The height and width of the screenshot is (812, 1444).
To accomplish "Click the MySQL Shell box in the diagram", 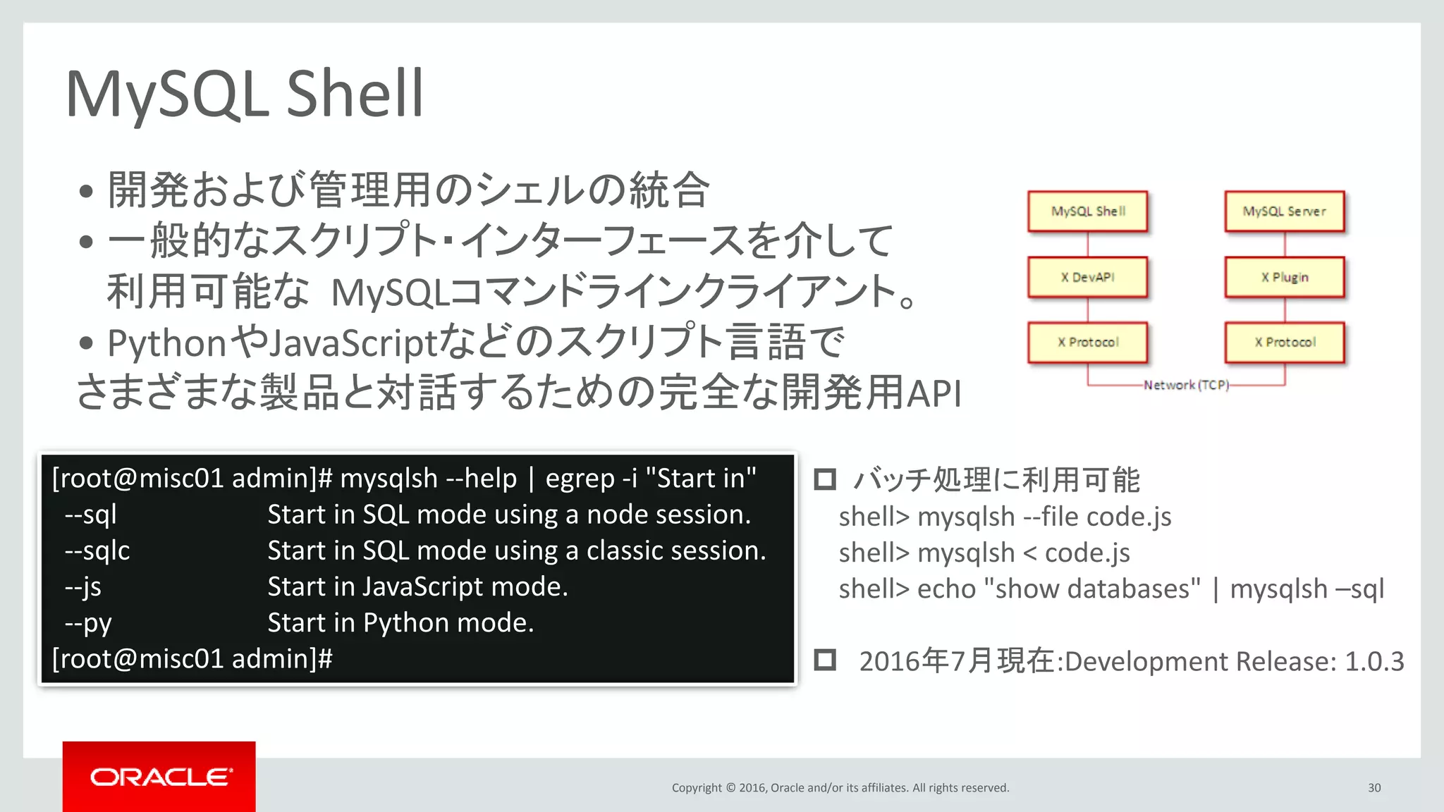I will (x=1087, y=211).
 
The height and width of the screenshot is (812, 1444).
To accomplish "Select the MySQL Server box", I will (x=1284, y=211).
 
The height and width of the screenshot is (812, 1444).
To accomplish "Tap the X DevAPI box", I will (x=1087, y=277).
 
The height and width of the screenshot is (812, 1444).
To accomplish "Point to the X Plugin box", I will (x=1284, y=277).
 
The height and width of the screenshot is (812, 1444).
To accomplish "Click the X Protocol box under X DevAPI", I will (x=1087, y=343).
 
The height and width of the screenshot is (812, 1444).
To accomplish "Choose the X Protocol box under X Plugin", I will (x=1284, y=343).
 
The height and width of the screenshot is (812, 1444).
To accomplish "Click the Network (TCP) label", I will (x=1186, y=385).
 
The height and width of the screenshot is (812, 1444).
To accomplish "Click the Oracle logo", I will (x=159, y=777).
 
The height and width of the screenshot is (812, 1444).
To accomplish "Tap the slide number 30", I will (x=1374, y=788).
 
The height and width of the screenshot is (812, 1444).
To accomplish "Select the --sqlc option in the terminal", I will (x=97, y=550).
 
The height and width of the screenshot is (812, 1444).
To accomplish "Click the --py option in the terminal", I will (x=88, y=623).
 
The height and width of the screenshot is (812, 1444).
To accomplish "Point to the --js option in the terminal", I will (x=83, y=587).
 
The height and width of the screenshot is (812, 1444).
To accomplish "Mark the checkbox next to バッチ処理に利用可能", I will (x=825, y=479).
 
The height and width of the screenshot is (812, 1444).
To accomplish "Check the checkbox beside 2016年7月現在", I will (x=825, y=660).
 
